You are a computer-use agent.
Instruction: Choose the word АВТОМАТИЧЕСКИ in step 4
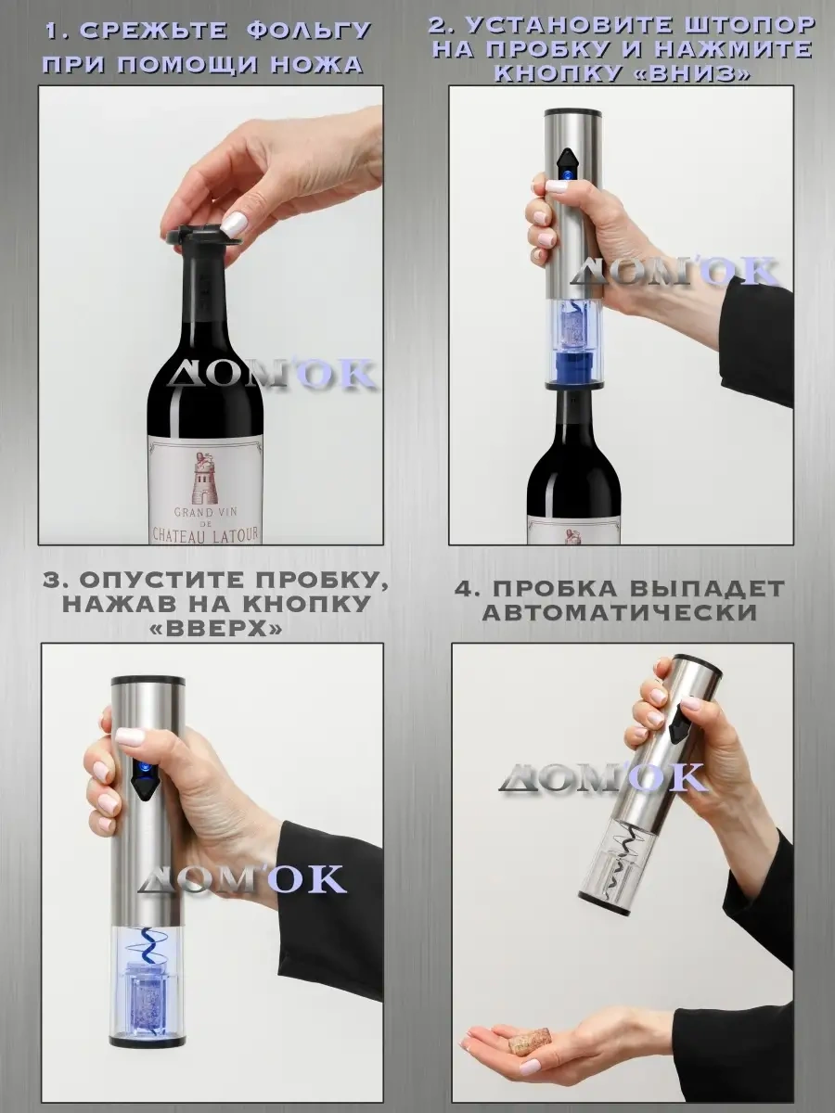click(x=620, y=612)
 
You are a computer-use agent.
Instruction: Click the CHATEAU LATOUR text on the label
click(x=205, y=534)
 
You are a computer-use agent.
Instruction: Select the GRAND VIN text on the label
click(x=205, y=512)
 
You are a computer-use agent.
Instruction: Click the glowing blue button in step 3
click(x=143, y=783)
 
